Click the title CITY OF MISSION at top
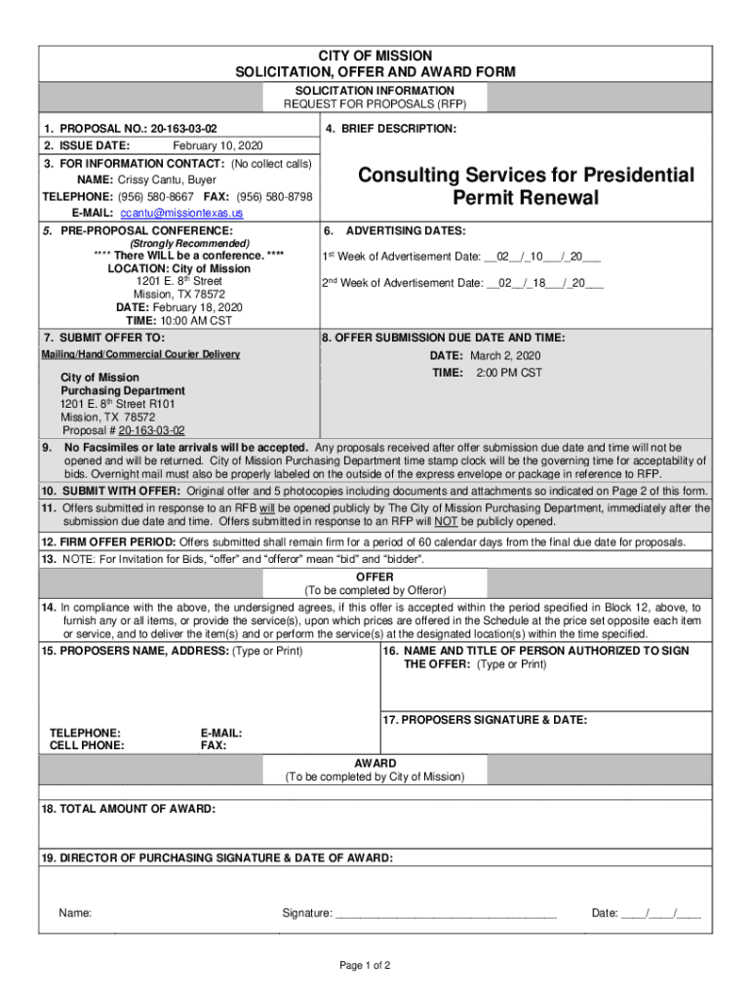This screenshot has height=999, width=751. tap(375, 57)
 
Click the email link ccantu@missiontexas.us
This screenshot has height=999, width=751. tap(181, 213)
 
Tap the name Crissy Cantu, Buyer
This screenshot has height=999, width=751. tap(167, 180)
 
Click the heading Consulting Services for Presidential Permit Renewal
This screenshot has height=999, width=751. tap(526, 186)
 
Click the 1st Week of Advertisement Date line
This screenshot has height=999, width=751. tap(461, 257)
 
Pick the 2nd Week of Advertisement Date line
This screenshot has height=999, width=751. tap(463, 283)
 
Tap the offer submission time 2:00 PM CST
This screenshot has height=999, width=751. tap(508, 373)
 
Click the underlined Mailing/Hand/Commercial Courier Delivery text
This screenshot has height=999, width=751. tap(140, 354)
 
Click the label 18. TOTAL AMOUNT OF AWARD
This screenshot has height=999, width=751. tap(128, 809)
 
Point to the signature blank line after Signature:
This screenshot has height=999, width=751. tap(446, 914)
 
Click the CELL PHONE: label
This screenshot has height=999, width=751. tap(87, 745)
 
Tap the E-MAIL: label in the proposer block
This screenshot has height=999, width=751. tap(220, 733)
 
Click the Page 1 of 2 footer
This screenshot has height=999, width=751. tap(365, 966)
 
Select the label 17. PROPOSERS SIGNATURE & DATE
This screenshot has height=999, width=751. tap(485, 719)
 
